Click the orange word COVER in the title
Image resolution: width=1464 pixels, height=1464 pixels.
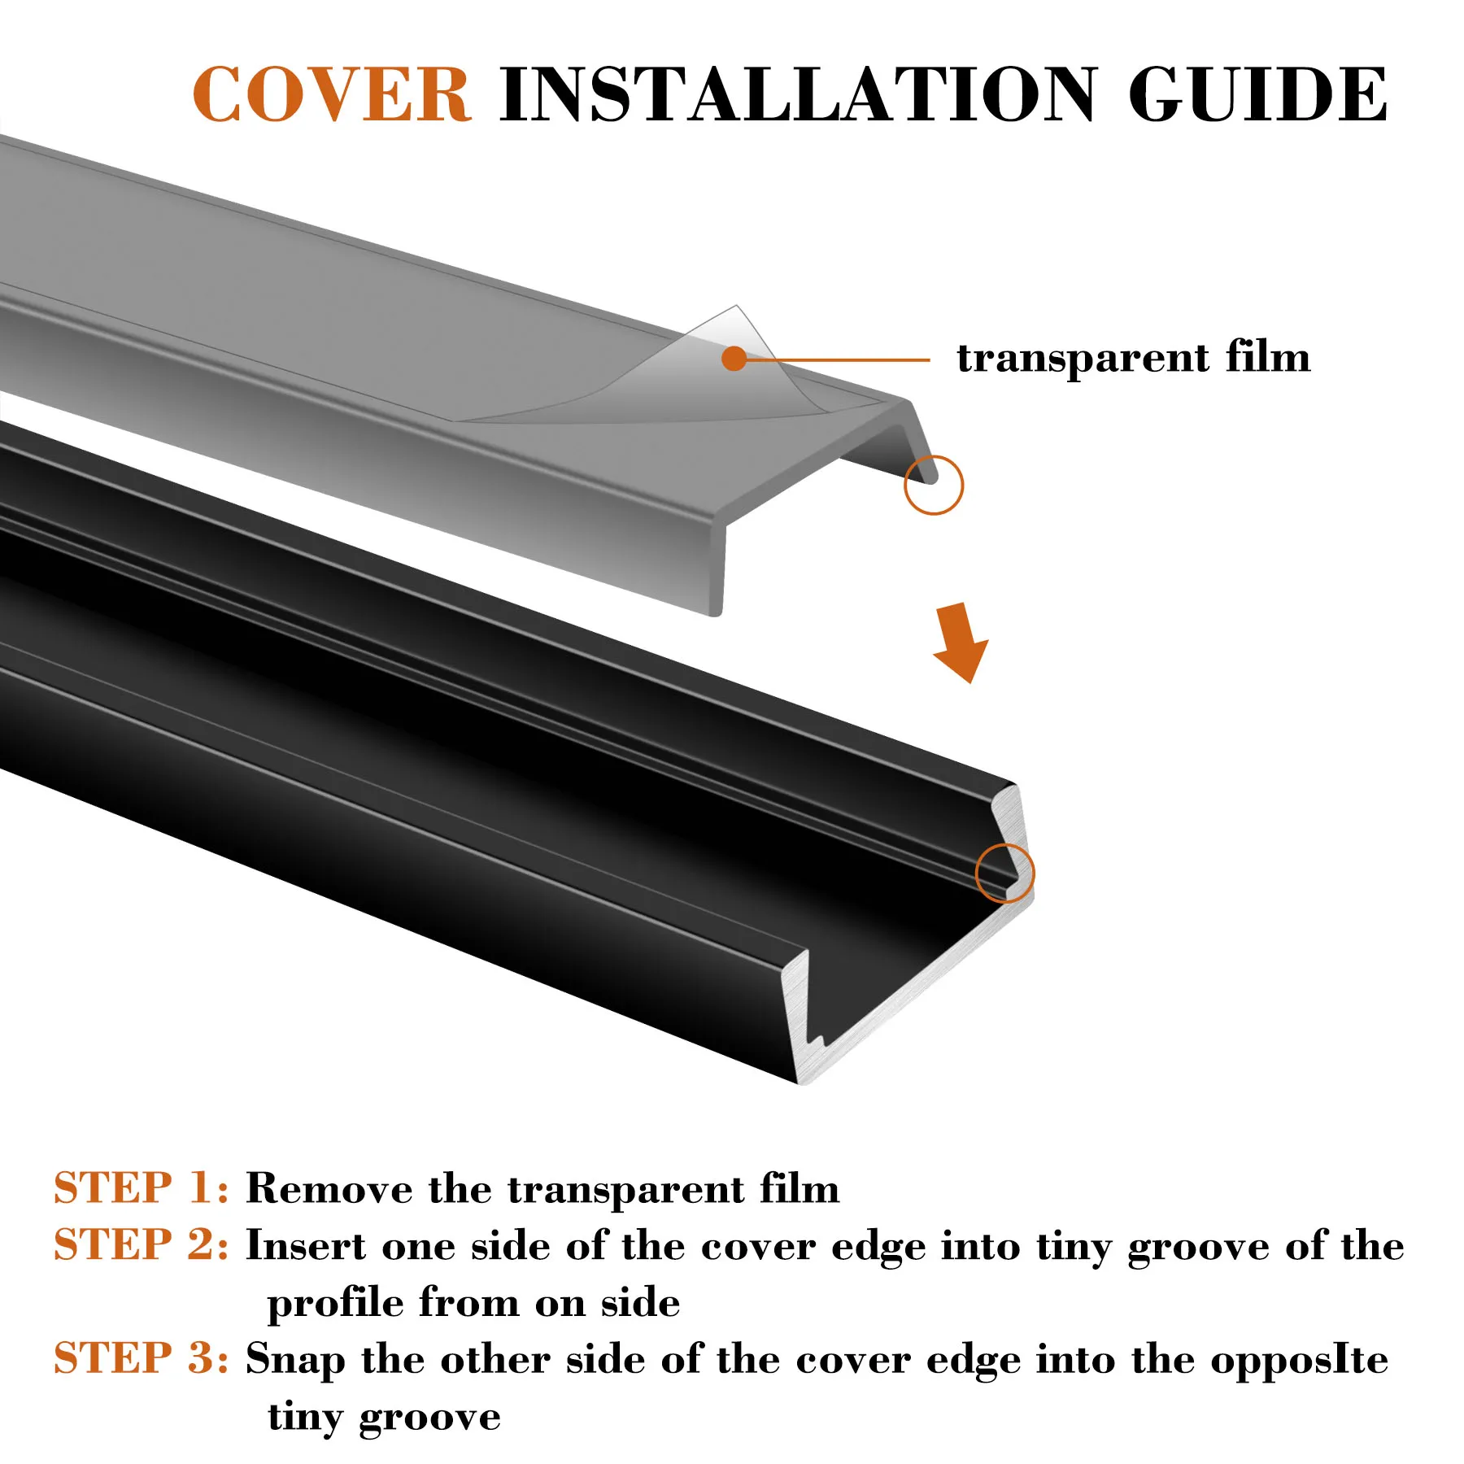coord(331,95)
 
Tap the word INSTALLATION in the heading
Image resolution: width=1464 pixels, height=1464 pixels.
coord(798,95)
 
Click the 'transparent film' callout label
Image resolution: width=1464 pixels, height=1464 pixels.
coord(1133,358)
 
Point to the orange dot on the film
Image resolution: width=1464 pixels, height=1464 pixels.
coord(734,359)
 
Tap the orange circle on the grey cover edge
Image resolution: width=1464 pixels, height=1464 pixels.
coord(933,485)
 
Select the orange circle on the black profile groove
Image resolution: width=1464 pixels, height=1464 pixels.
coord(1004,873)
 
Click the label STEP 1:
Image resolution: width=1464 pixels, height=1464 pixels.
coord(142,1188)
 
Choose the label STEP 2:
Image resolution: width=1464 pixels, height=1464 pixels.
coord(142,1245)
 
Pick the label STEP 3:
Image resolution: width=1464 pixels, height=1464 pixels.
coord(142,1359)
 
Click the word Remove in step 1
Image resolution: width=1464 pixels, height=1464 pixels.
coord(329,1189)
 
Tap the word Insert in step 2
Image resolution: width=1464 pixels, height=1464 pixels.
coord(306,1246)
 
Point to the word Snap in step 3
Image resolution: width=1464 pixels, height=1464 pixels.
coord(296,1361)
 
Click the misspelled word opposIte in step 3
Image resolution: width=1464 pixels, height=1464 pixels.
coord(1299,1361)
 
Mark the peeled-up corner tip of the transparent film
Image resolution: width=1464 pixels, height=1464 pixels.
coord(735,308)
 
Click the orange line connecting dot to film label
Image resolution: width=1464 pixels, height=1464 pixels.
coord(838,359)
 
